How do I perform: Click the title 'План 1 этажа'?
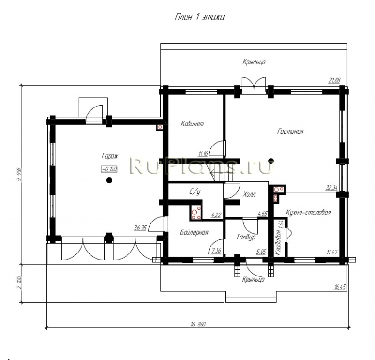[200, 17]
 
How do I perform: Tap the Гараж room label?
[110, 156]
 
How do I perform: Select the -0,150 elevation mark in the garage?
[109, 169]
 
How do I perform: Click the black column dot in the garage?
[109, 180]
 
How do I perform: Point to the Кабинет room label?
[193, 123]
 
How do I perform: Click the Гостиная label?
[290, 131]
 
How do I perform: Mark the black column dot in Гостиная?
[271, 161]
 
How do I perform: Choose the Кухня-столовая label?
[308, 213]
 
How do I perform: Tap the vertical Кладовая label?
[278, 243]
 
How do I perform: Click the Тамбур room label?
[246, 237]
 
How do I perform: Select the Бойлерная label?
[194, 232]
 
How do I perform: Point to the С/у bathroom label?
[195, 191]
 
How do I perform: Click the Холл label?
[249, 194]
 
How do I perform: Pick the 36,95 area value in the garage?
[140, 228]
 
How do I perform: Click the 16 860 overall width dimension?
[198, 324]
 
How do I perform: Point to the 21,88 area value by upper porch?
[334, 80]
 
